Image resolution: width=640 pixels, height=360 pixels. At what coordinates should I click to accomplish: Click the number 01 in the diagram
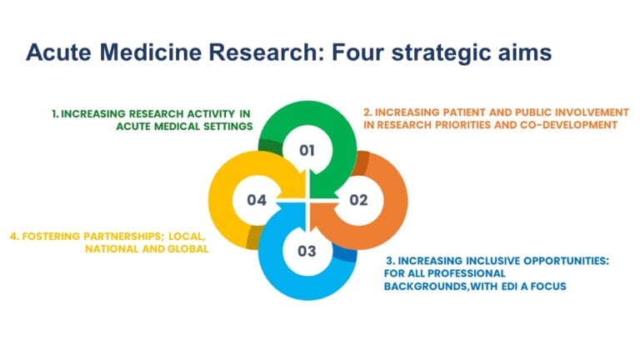tap(307, 151)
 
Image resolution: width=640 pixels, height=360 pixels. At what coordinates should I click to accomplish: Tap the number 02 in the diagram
tap(358, 200)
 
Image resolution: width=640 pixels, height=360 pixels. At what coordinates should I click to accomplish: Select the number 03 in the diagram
tap(307, 250)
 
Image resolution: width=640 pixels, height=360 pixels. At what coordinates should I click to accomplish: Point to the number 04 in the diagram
tap(257, 200)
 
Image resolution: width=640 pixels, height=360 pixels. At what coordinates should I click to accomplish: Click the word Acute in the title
tap(61, 53)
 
